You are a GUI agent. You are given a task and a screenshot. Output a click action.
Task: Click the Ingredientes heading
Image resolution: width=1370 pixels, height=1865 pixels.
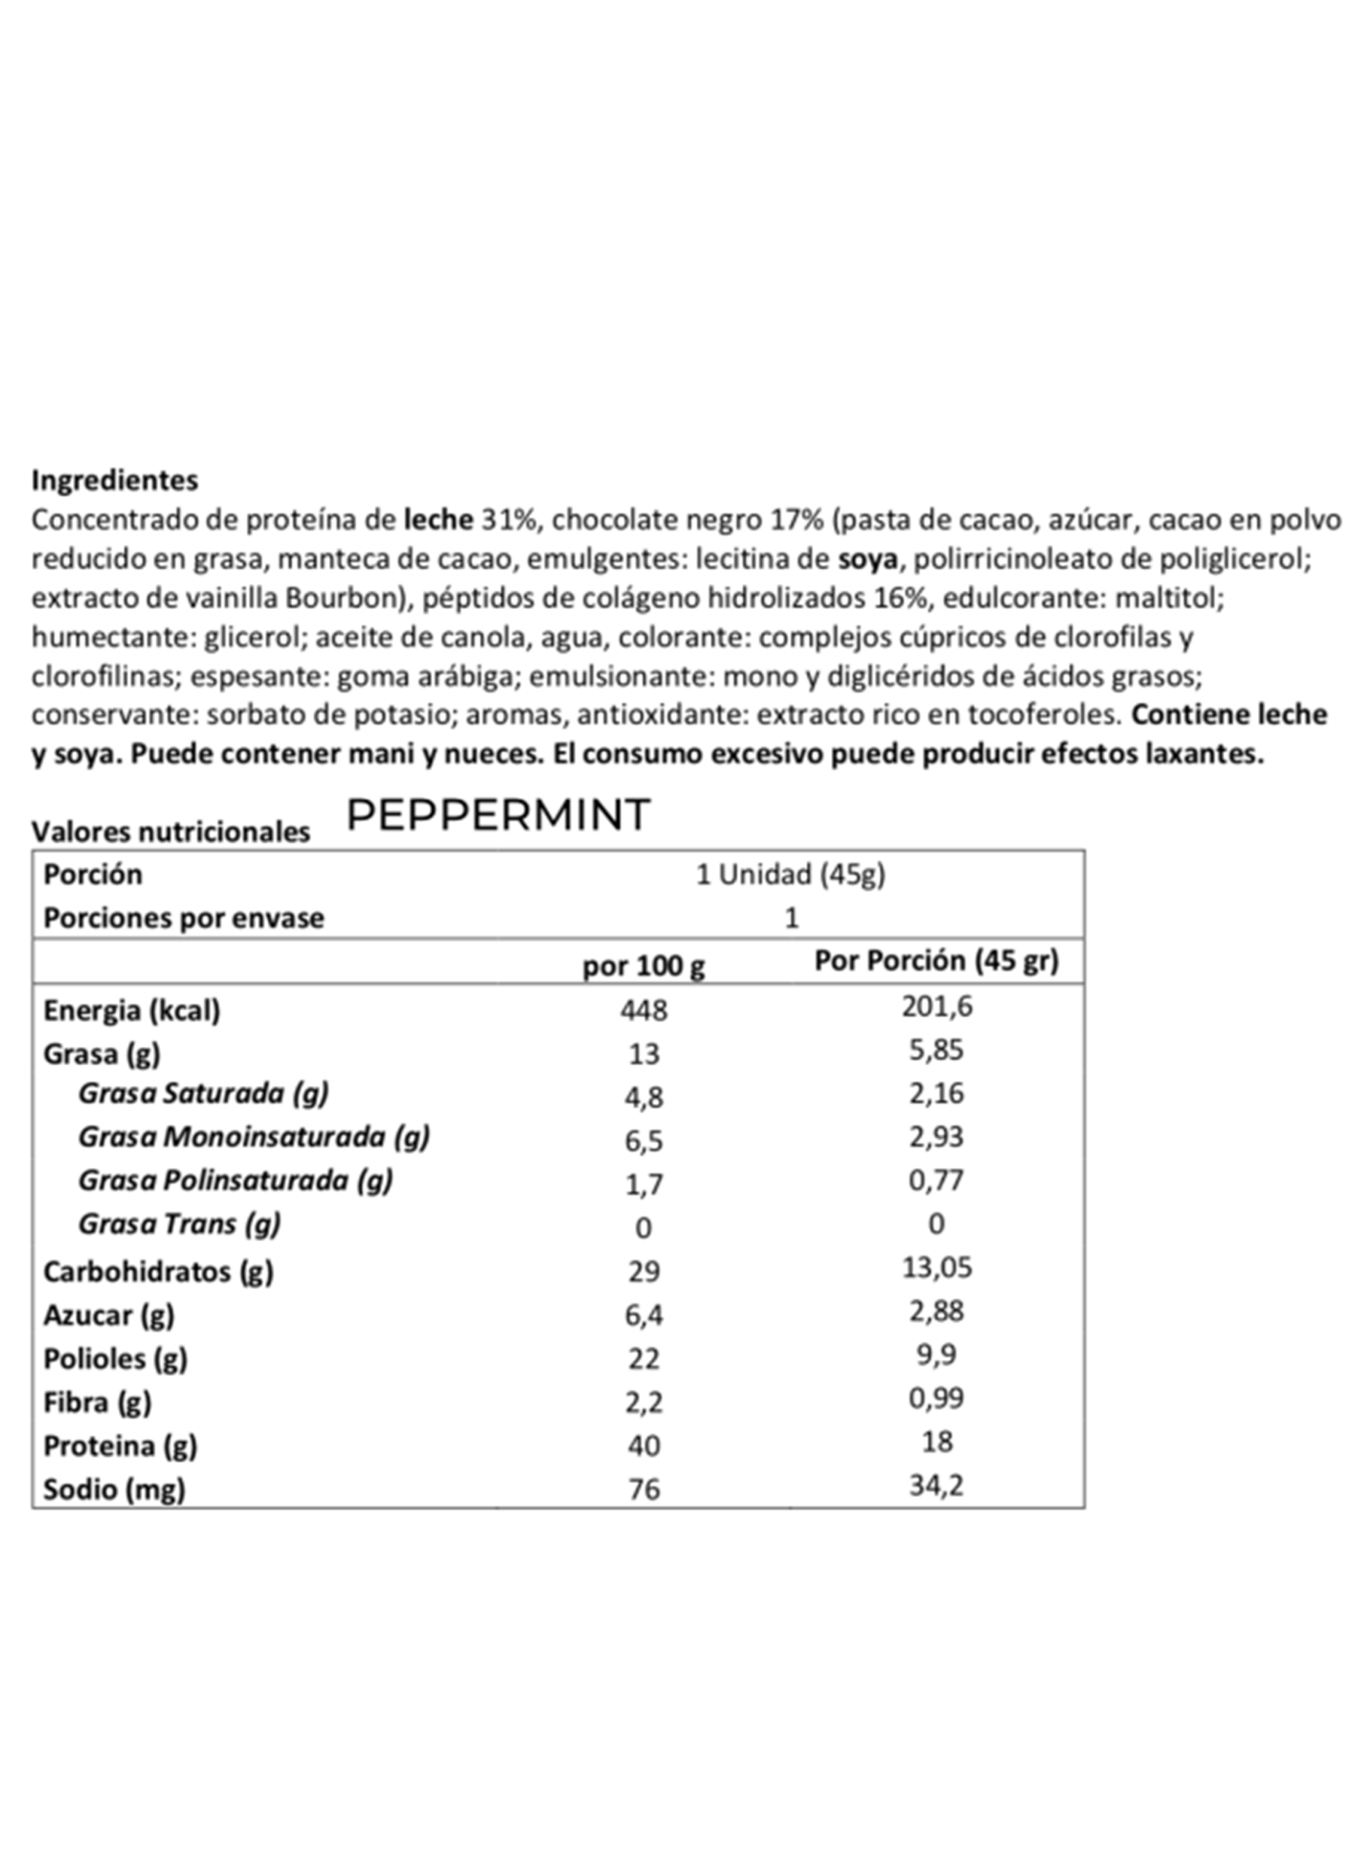click(x=114, y=480)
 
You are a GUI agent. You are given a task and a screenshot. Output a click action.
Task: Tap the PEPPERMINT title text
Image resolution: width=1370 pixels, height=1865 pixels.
click(x=497, y=815)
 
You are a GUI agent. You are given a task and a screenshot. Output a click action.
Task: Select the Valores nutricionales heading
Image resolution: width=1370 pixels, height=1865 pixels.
click(x=171, y=832)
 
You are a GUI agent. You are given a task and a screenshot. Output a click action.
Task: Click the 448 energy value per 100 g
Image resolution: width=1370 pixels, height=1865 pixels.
click(x=644, y=1010)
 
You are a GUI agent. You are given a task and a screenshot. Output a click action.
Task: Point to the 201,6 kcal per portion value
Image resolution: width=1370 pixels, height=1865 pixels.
click(x=937, y=1007)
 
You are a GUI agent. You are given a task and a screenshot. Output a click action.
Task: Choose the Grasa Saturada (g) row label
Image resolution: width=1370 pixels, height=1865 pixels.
click(x=203, y=1093)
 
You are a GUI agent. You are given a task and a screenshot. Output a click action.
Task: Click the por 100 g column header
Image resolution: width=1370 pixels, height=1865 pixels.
click(x=644, y=965)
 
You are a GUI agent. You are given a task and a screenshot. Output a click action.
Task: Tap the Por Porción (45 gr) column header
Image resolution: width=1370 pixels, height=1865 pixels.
click(x=937, y=960)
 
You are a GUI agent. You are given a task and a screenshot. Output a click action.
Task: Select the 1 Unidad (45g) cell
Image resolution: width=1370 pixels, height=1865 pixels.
click(x=790, y=874)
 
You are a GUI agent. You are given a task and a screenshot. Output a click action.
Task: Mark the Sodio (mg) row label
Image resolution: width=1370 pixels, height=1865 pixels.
click(x=114, y=1489)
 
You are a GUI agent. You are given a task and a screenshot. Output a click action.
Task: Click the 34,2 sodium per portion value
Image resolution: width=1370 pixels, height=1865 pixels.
click(x=937, y=1485)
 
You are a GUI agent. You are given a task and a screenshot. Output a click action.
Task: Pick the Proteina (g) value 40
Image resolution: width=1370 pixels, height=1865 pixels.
click(x=644, y=1445)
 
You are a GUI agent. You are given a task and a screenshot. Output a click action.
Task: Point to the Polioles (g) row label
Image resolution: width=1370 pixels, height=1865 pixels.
click(x=115, y=1359)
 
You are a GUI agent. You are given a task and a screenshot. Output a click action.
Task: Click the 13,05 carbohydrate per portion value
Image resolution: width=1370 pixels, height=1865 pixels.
click(x=937, y=1267)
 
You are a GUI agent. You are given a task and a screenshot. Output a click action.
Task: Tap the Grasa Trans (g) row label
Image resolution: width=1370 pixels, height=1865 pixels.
click(x=179, y=1223)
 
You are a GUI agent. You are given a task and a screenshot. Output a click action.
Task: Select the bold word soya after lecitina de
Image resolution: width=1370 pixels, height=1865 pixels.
click(x=867, y=559)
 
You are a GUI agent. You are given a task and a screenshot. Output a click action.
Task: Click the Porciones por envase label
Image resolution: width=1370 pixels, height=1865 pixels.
click(x=184, y=918)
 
